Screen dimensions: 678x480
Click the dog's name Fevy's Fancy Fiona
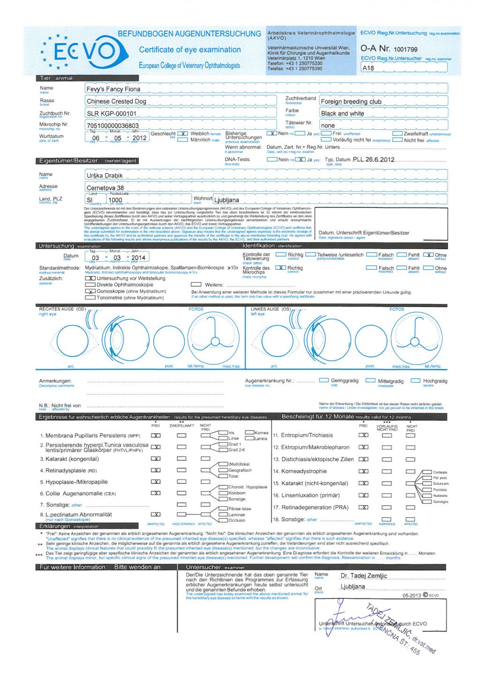click(x=113, y=89)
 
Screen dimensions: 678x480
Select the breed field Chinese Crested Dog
click(x=116, y=101)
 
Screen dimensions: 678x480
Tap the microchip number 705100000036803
click(x=112, y=125)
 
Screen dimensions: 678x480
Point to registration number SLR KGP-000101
click(x=112, y=113)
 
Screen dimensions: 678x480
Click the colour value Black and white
click(x=343, y=113)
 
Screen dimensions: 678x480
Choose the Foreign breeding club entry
click(x=351, y=102)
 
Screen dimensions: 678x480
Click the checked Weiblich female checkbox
click(x=183, y=134)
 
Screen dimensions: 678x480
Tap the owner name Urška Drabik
click(x=105, y=176)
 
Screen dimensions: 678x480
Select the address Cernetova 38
click(x=105, y=188)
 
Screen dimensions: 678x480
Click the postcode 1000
click(x=115, y=200)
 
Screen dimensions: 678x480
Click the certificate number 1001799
click(x=405, y=49)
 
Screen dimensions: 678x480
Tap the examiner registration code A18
click(x=368, y=68)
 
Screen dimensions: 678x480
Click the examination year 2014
click(x=138, y=258)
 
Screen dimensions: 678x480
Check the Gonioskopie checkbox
click(x=90, y=291)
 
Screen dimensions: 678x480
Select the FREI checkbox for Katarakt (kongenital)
click(x=156, y=459)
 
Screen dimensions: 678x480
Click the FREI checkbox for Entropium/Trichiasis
click(x=363, y=435)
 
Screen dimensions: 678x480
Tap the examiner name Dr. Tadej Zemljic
click(x=364, y=576)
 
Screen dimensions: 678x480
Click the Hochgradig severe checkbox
click(x=415, y=381)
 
